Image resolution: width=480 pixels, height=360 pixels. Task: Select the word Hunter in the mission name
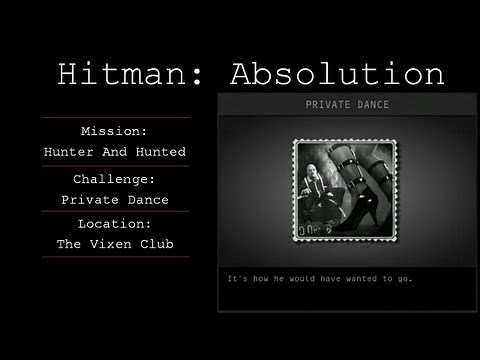[70, 151]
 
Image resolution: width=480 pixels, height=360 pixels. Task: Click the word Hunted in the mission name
[163, 151]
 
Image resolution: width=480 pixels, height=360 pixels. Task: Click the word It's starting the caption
[238, 278]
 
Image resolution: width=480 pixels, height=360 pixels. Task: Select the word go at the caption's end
[401, 278]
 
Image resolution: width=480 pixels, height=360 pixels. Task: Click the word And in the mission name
[116, 151]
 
